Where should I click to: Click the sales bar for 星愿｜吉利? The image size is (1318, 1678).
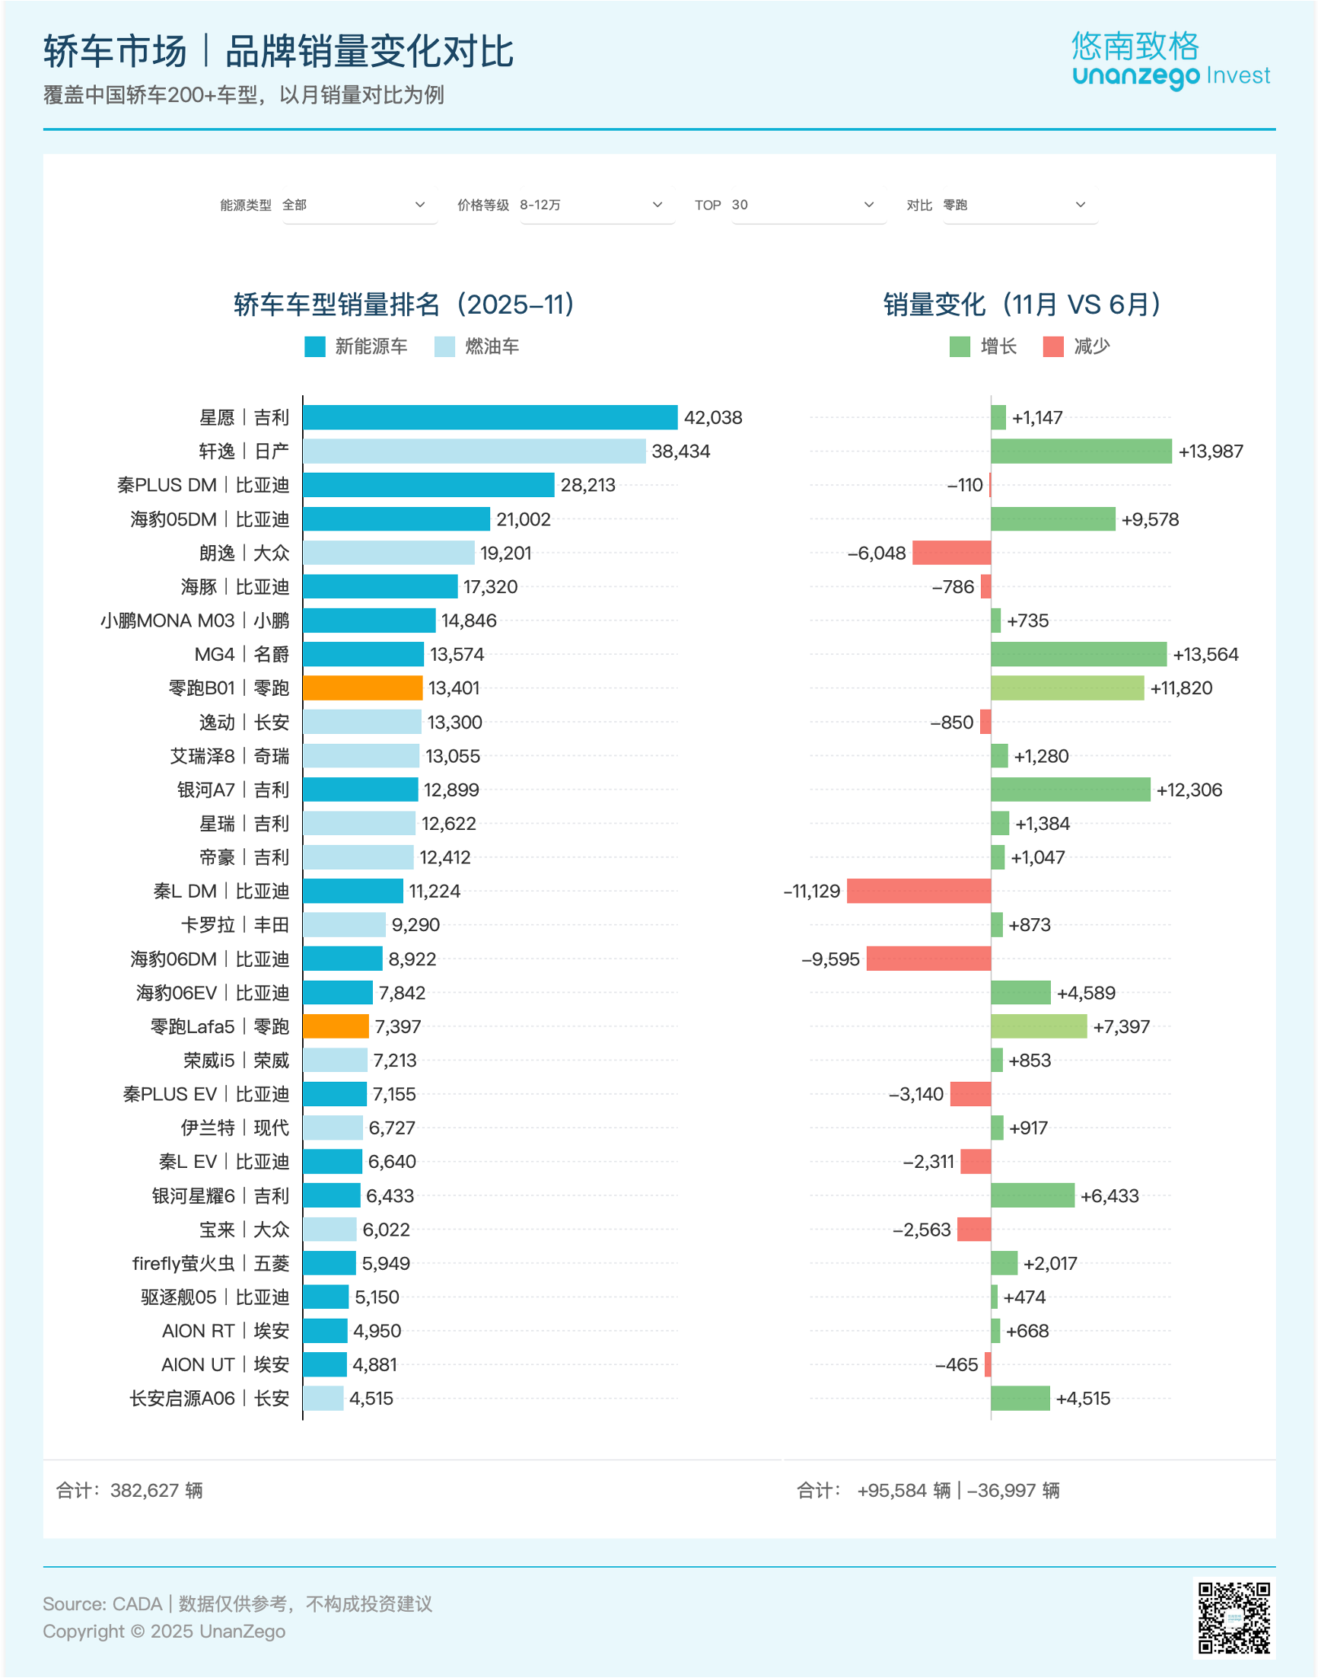pyautogui.click(x=490, y=417)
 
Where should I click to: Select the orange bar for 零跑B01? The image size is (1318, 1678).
pyautogui.click(x=363, y=687)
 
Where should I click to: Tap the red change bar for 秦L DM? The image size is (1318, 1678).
pyautogui.click(x=918, y=891)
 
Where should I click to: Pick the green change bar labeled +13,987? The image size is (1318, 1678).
pyautogui.click(x=1081, y=451)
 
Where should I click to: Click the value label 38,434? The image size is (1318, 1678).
pyautogui.click(x=680, y=451)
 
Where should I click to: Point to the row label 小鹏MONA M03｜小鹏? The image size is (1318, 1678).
pyautogui.click(x=195, y=620)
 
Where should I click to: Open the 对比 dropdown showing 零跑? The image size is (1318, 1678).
pyautogui.click(x=1020, y=206)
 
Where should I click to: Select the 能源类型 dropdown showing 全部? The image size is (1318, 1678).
pyautogui.click(x=360, y=206)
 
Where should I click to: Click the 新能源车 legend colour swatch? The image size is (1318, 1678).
pyautogui.click(x=315, y=346)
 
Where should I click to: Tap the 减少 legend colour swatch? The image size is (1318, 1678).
pyautogui.click(x=1052, y=346)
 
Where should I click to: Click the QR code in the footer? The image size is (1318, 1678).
pyautogui.click(x=1233, y=1618)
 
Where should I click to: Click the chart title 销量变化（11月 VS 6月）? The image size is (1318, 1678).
pyautogui.click(x=1022, y=305)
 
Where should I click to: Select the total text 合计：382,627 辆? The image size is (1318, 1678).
pyautogui.click(x=129, y=1491)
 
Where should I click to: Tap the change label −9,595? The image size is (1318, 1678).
pyautogui.click(x=830, y=959)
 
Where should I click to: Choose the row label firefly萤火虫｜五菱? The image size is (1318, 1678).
pyautogui.click(x=211, y=1264)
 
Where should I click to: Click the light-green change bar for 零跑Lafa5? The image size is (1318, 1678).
pyautogui.click(x=1039, y=1026)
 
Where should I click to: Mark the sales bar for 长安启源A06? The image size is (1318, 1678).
pyautogui.click(x=323, y=1399)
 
